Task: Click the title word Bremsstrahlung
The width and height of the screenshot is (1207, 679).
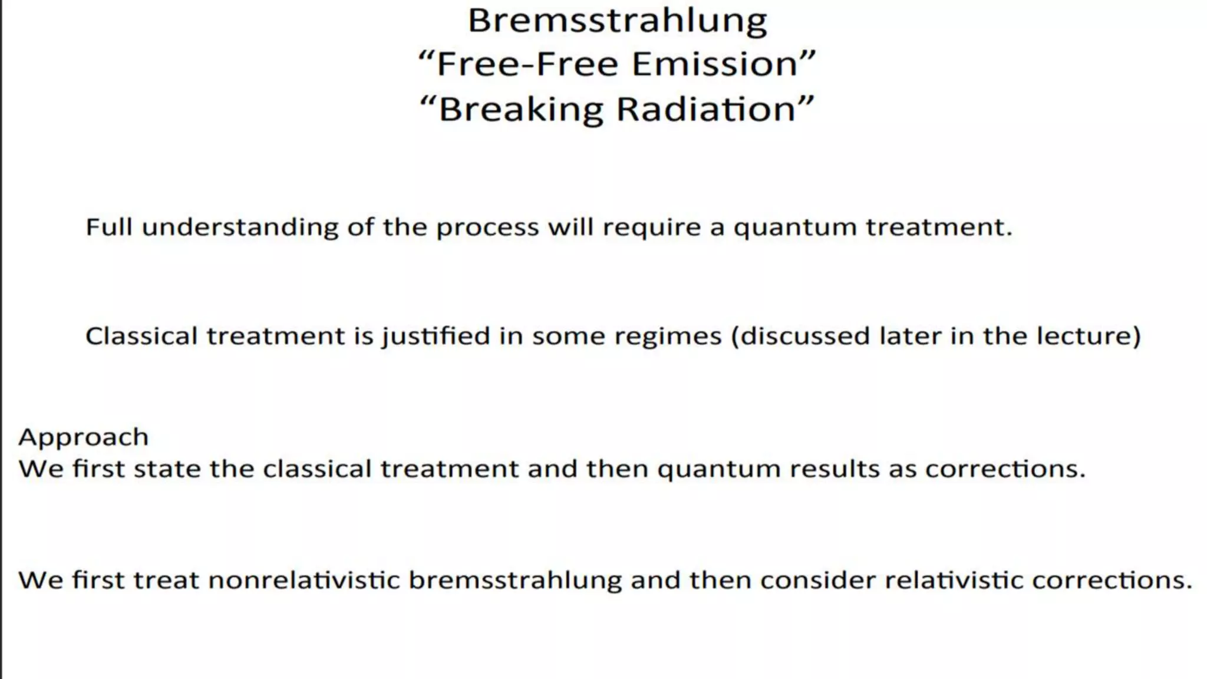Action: (x=617, y=21)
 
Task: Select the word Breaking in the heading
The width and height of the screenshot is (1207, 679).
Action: (x=520, y=110)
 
